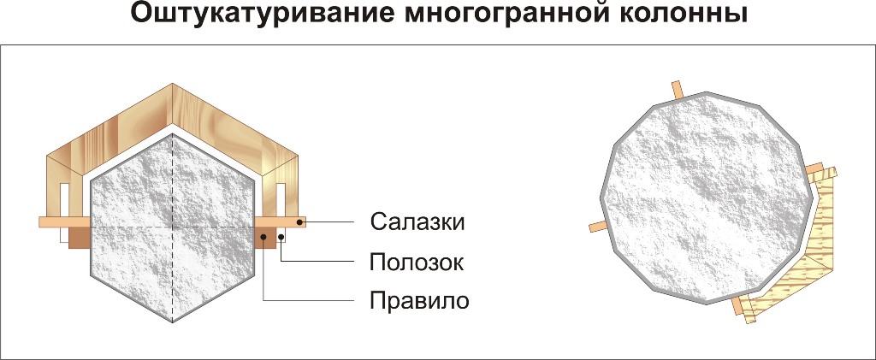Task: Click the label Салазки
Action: tap(417, 222)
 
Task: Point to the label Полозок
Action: tap(417, 262)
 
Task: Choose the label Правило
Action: tap(419, 301)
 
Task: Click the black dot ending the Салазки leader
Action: tap(299, 222)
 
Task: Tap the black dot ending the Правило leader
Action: tap(263, 235)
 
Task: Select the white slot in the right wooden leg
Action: tap(279, 198)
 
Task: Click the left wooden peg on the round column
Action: tap(597, 227)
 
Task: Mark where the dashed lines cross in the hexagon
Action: tap(174, 229)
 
